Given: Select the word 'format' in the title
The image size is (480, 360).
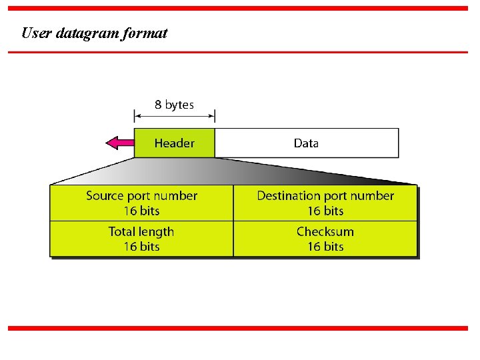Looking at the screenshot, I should [x=145, y=33].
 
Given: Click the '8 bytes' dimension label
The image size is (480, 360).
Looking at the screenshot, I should [x=174, y=105].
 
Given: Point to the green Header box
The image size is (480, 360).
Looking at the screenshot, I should [x=174, y=143].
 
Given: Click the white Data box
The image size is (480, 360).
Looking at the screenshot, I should [x=307, y=143].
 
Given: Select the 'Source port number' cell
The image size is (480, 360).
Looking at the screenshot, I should [x=141, y=203].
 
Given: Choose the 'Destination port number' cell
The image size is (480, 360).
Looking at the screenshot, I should [x=325, y=203].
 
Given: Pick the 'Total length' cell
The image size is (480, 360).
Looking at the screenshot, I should [x=141, y=239].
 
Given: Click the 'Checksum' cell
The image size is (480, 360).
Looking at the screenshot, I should [x=325, y=239].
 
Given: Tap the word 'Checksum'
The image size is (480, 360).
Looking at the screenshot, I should [x=325, y=232].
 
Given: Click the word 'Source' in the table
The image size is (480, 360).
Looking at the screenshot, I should [x=105, y=196].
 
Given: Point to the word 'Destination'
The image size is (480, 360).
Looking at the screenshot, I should [x=289, y=196].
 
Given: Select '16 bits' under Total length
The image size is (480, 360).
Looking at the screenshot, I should [x=141, y=247].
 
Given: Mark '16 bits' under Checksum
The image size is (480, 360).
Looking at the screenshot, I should [x=325, y=247].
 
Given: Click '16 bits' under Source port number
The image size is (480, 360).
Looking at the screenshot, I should [x=141, y=211].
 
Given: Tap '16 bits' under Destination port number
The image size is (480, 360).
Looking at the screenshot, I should [x=325, y=211].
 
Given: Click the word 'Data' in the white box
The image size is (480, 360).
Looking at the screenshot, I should [x=307, y=143].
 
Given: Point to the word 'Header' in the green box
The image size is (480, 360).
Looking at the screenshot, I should [x=174, y=143].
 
